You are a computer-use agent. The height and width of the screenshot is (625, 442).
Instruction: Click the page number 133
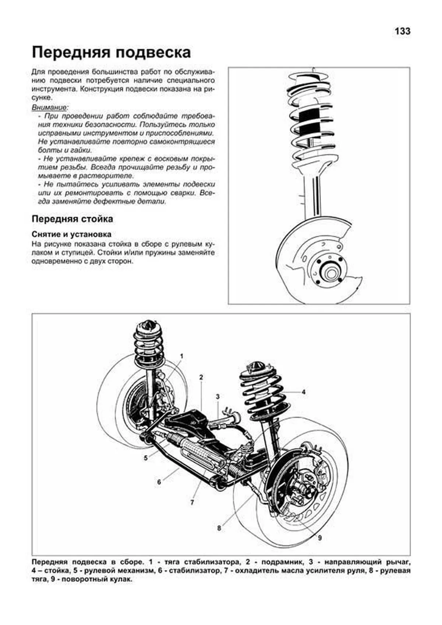[402, 31]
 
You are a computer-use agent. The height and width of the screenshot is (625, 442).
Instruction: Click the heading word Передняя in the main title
[70, 53]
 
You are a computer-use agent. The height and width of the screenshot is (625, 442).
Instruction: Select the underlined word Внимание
[49, 107]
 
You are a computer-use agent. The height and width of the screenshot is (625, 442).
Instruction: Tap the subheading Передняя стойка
[72, 219]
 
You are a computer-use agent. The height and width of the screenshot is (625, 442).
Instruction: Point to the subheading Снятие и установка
[71, 234]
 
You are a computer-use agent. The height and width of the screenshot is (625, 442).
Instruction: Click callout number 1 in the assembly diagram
[181, 356]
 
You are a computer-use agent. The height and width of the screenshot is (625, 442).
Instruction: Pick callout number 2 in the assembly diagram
[201, 377]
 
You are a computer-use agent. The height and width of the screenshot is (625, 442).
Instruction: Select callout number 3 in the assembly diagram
[218, 397]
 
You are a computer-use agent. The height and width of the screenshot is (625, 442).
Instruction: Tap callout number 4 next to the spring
[304, 392]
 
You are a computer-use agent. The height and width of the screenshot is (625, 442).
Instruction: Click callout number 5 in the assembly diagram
[146, 458]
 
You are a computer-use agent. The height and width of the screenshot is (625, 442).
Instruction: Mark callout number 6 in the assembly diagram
[159, 482]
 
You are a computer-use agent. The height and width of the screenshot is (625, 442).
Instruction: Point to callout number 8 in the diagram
[219, 528]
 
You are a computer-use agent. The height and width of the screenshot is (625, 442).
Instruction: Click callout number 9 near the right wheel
[320, 538]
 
